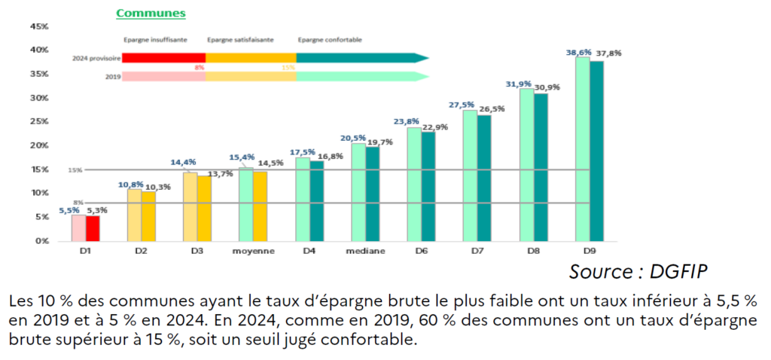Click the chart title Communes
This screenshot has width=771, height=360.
pos(150,13)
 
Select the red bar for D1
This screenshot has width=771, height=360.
pos(93,228)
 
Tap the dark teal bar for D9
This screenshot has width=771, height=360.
pos(596,151)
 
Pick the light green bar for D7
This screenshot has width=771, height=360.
pos(470,175)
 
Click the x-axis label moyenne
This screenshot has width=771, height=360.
pos(254,251)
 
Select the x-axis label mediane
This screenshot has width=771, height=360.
pos(365,251)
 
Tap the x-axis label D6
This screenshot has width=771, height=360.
pos(421,251)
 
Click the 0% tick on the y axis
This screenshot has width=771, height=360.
pos(41,241)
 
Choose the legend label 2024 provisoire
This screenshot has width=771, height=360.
pos(96,57)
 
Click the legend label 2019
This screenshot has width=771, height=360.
pos(113,76)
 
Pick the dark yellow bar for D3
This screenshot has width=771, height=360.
pos(204,209)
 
